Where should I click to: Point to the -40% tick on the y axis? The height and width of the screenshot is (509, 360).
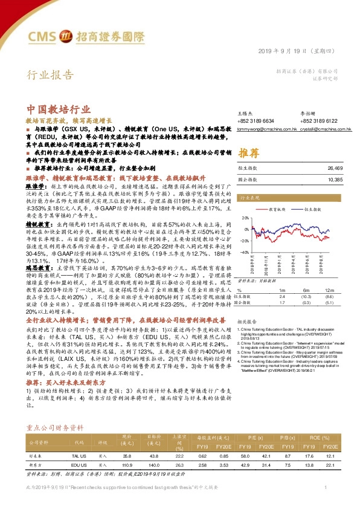[245, 252]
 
